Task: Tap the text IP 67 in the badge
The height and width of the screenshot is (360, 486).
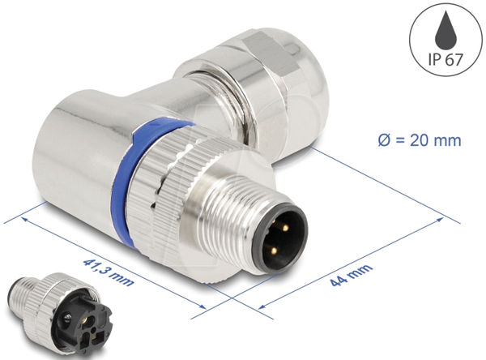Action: (446, 59)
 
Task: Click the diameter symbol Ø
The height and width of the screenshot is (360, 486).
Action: (384, 140)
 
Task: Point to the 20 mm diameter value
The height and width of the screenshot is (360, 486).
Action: (436, 140)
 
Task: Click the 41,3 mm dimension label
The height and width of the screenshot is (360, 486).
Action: (109, 272)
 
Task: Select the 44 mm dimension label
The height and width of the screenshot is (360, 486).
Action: (351, 275)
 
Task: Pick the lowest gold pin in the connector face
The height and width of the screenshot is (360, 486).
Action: (274, 251)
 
